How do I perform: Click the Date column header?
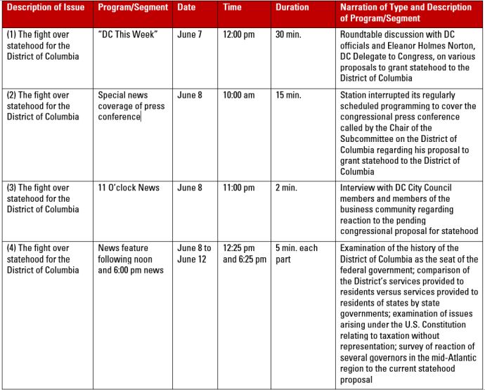click(186, 8)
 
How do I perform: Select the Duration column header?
click(292, 8)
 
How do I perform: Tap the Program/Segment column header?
click(133, 8)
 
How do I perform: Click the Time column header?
click(232, 8)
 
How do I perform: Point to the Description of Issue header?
click(46, 8)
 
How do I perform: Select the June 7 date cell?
click(190, 34)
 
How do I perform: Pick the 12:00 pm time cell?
click(239, 34)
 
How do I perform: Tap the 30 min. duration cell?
click(288, 34)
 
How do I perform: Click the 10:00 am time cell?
click(239, 95)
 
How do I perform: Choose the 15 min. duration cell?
click(288, 95)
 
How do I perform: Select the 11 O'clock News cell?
click(129, 188)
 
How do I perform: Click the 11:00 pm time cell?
click(239, 188)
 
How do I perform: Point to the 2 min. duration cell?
click(286, 188)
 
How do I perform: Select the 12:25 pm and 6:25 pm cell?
click(245, 254)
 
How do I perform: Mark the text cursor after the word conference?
click(141, 117)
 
